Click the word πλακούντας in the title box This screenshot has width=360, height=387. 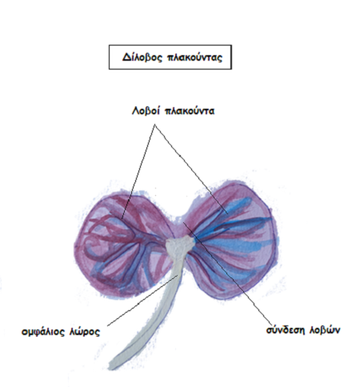pyautogui.click(x=194, y=58)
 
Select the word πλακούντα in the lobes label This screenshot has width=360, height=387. pyautogui.click(x=190, y=111)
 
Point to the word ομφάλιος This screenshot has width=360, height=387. pyautogui.click(x=43, y=332)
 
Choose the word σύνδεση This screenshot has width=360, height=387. pyautogui.click(x=286, y=330)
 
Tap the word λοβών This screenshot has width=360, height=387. pyautogui.click(x=325, y=330)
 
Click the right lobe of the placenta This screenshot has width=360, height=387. pyautogui.click(x=232, y=240)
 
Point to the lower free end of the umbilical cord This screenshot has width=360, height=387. pyautogui.click(x=112, y=366)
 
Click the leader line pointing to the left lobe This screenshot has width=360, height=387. pyautogui.click(x=138, y=171)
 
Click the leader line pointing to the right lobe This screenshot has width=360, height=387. pyautogui.click(x=191, y=169)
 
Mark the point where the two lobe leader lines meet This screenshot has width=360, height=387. pyautogui.click(x=155, y=125)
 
